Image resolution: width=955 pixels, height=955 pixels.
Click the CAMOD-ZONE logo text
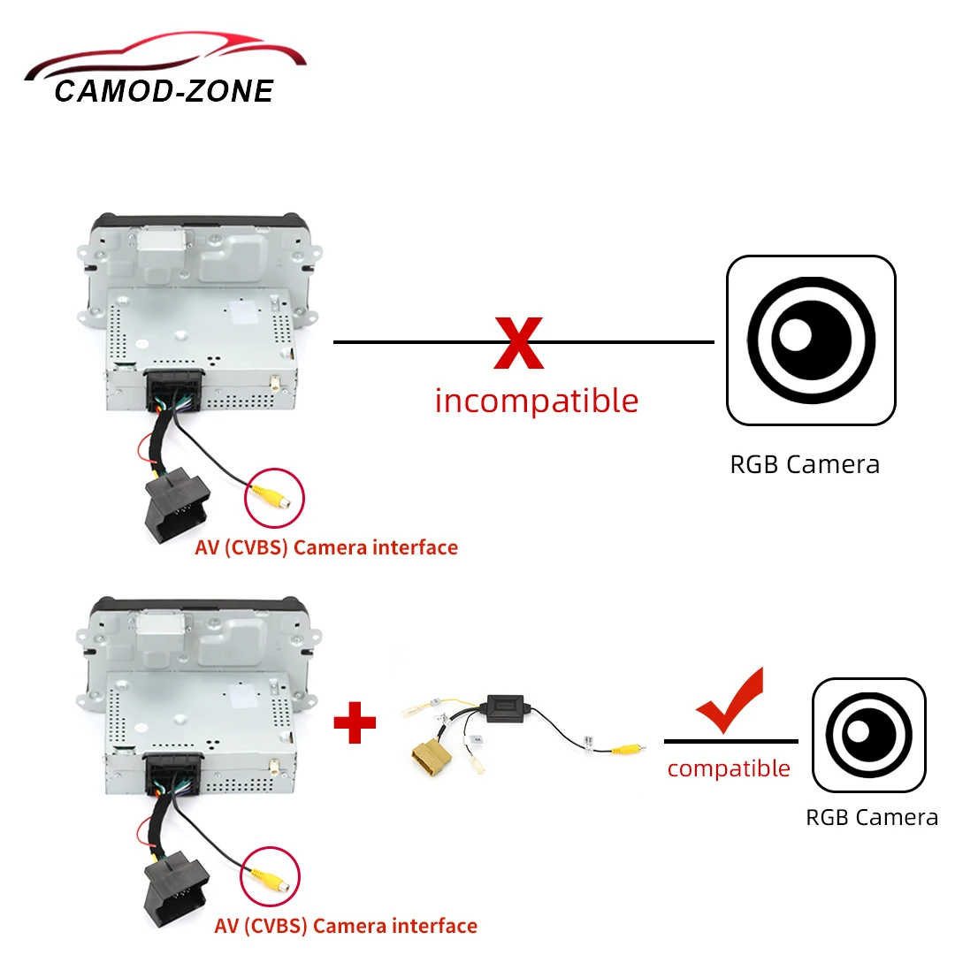pos(164,91)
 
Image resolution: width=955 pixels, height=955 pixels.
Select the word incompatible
pos(536,401)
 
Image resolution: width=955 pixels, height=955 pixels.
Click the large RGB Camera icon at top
pos(811,340)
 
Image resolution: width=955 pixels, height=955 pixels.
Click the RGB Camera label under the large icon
pos(805,464)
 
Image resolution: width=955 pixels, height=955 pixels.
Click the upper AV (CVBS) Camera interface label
pos(326,547)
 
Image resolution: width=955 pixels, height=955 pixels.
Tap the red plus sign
pos(354,722)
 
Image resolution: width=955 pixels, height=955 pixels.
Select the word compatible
pos(729,768)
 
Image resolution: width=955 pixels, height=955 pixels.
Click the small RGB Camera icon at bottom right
pos(869,735)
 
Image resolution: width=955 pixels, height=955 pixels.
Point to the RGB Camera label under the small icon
pos(871,817)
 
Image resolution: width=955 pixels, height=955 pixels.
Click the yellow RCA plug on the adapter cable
pos(626,748)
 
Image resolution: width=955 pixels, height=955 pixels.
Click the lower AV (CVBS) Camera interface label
pos(346,926)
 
